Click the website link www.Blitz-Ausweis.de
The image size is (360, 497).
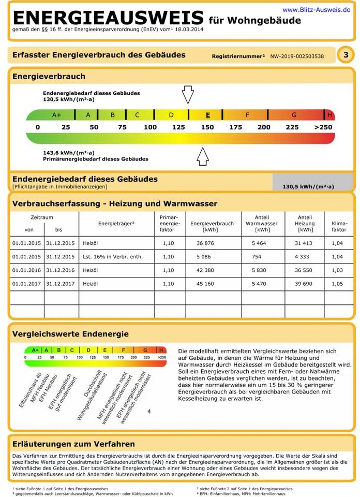pos(317,9)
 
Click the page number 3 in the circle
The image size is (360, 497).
pos(345,55)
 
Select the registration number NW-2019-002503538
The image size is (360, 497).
pos(297,56)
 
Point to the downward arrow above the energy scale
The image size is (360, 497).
pos(187,95)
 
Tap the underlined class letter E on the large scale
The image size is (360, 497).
pos(207,115)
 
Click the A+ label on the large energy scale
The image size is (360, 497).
pos(57,115)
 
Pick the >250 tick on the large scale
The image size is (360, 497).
pos(323,127)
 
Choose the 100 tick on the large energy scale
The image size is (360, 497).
pos(150,127)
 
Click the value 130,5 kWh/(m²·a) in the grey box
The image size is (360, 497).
pos(308,187)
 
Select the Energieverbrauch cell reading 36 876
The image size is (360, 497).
pos(205,243)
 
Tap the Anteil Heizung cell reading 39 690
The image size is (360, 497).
pos(305,284)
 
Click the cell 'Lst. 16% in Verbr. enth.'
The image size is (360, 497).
pos(113,257)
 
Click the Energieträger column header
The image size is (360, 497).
pos(116,223)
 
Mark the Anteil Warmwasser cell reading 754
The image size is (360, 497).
pos(257,257)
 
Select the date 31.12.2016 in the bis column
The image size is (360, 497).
pos(60,270)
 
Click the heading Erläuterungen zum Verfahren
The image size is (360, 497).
pos(73,444)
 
